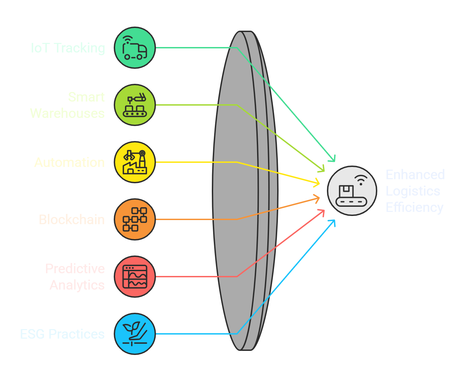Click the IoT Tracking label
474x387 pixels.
pyautogui.click(x=68, y=48)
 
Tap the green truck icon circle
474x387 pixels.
pyautogui.click(x=135, y=48)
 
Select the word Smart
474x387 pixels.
pyautogui.click(x=86, y=97)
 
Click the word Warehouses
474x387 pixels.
pyautogui.click(x=67, y=113)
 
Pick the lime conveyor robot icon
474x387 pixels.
pyautogui.click(x=135, y=105)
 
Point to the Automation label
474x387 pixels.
pyautogui.click(x=69, y=162)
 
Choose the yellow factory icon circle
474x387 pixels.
pyautogui.click(x=135, y=162)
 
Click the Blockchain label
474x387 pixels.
pyautogui.click(x=72, y=220)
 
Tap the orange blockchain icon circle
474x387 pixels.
pyautogui.click(x=135, y=219)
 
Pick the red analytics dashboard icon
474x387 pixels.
pyautogui.click(x=135, y=277)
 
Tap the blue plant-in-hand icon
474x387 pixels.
pyautogui.click(x=135, y=334)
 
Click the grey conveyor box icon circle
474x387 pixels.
pyautogui.click(x=352, y=191)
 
